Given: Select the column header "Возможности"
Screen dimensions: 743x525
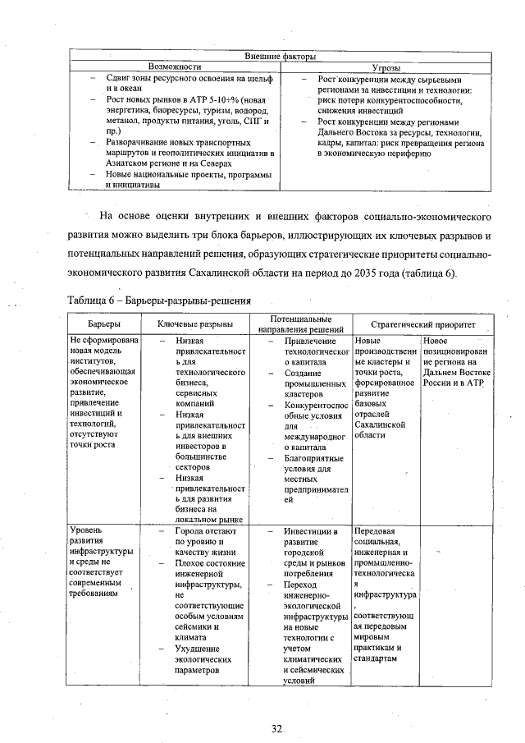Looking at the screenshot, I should (175, 66).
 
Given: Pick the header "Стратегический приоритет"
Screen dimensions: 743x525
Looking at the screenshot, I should (418, 324).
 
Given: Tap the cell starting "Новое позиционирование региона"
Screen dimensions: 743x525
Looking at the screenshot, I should (456, 361).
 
